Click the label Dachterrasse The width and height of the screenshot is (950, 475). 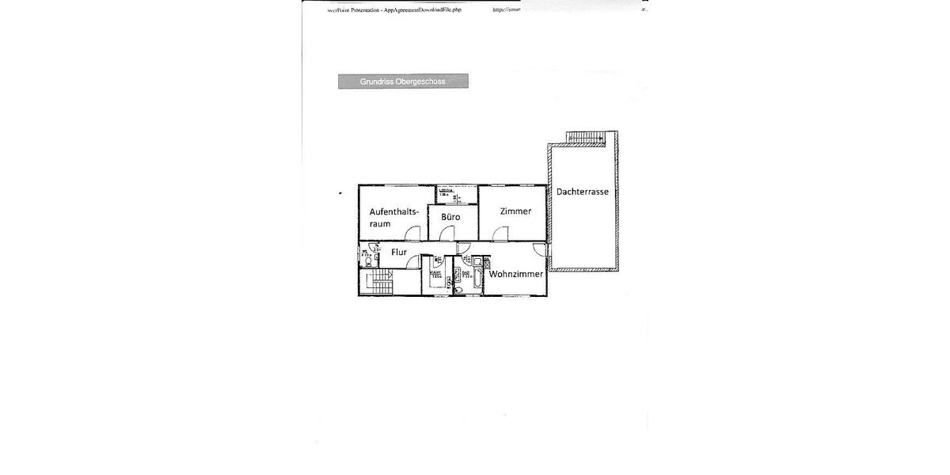[582, 192]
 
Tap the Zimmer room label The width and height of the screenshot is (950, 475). [515, 211]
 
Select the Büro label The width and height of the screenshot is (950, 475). [450, 216]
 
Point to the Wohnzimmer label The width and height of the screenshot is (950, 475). [516, 275]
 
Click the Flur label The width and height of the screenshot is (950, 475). [399, 253]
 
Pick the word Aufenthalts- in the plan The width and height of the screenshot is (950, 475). [393, 211]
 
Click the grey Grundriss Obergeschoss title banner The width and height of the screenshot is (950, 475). [403, 81]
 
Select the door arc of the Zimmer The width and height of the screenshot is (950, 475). [500, 233]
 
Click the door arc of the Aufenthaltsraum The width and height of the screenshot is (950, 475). [412, 233]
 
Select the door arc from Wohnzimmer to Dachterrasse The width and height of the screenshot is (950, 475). [539, 249]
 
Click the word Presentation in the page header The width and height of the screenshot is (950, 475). [358, 10]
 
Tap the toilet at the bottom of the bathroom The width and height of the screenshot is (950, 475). [461, 291]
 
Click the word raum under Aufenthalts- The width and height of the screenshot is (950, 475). [379, 224]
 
